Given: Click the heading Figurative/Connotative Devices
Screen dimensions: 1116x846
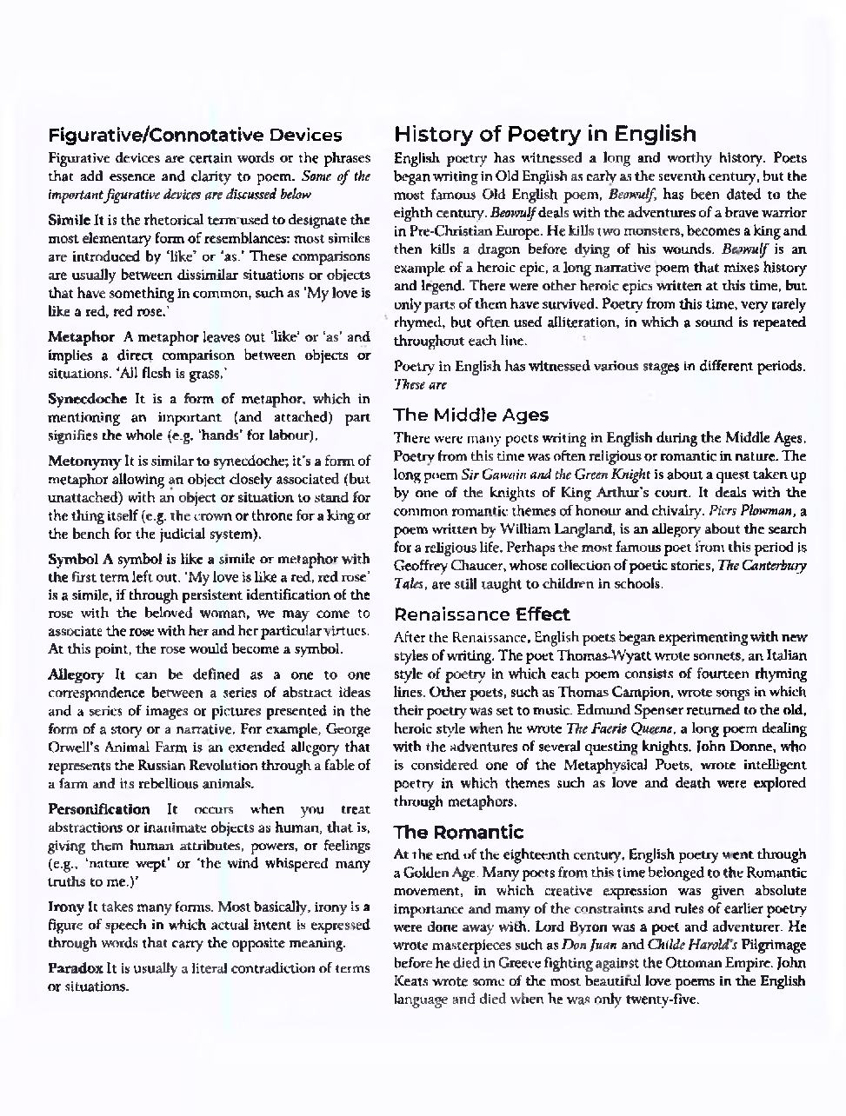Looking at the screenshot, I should coord(195,136).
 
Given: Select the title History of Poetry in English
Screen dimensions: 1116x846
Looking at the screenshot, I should coord(545,134).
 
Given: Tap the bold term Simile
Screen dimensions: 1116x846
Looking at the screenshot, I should coord(68,220).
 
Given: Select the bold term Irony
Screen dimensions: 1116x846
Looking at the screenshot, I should coord(65,907).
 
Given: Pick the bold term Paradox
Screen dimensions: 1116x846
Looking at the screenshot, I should coord(75,968).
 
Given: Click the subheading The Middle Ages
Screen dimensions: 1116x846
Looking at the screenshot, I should coord(471,415).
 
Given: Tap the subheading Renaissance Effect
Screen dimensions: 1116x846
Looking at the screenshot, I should coord(483,614).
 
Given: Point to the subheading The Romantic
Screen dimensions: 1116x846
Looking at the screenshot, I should coord(459,833).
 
